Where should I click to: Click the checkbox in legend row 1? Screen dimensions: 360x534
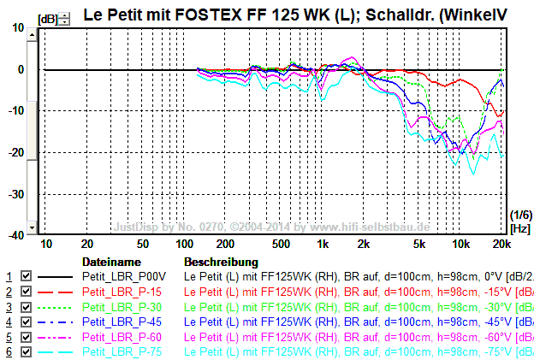26,277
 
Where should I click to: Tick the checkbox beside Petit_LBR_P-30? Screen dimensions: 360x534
26,307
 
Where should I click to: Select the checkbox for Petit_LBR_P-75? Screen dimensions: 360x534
26,351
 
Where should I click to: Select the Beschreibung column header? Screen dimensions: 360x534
221,261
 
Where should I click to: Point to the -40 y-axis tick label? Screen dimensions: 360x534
16,235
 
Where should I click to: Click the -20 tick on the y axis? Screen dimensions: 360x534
16,152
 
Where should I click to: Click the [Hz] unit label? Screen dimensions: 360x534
519,229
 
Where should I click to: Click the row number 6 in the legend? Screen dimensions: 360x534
9,351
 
